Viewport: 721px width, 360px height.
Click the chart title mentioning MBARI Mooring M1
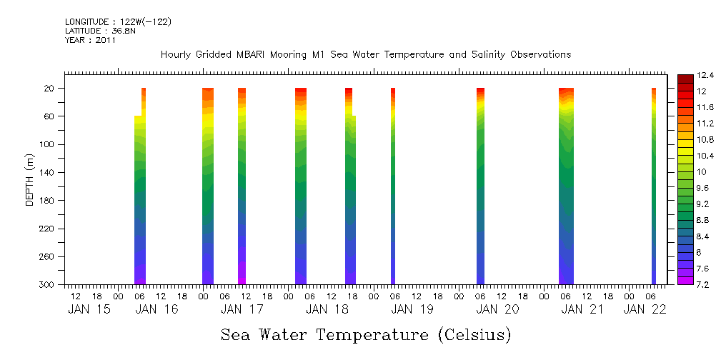(365, 55)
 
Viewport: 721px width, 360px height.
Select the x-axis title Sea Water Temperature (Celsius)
(366, 334)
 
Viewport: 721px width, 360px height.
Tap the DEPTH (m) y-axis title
(30, 179)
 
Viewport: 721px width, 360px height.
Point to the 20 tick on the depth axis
(50, 89)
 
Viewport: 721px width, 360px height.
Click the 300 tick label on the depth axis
(49, 285)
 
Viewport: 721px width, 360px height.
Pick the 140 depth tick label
(49, 173)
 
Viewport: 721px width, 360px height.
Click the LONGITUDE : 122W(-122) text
(118, 22)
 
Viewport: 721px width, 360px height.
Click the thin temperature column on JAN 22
(654, 186)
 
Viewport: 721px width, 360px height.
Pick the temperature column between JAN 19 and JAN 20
(480, 186)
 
